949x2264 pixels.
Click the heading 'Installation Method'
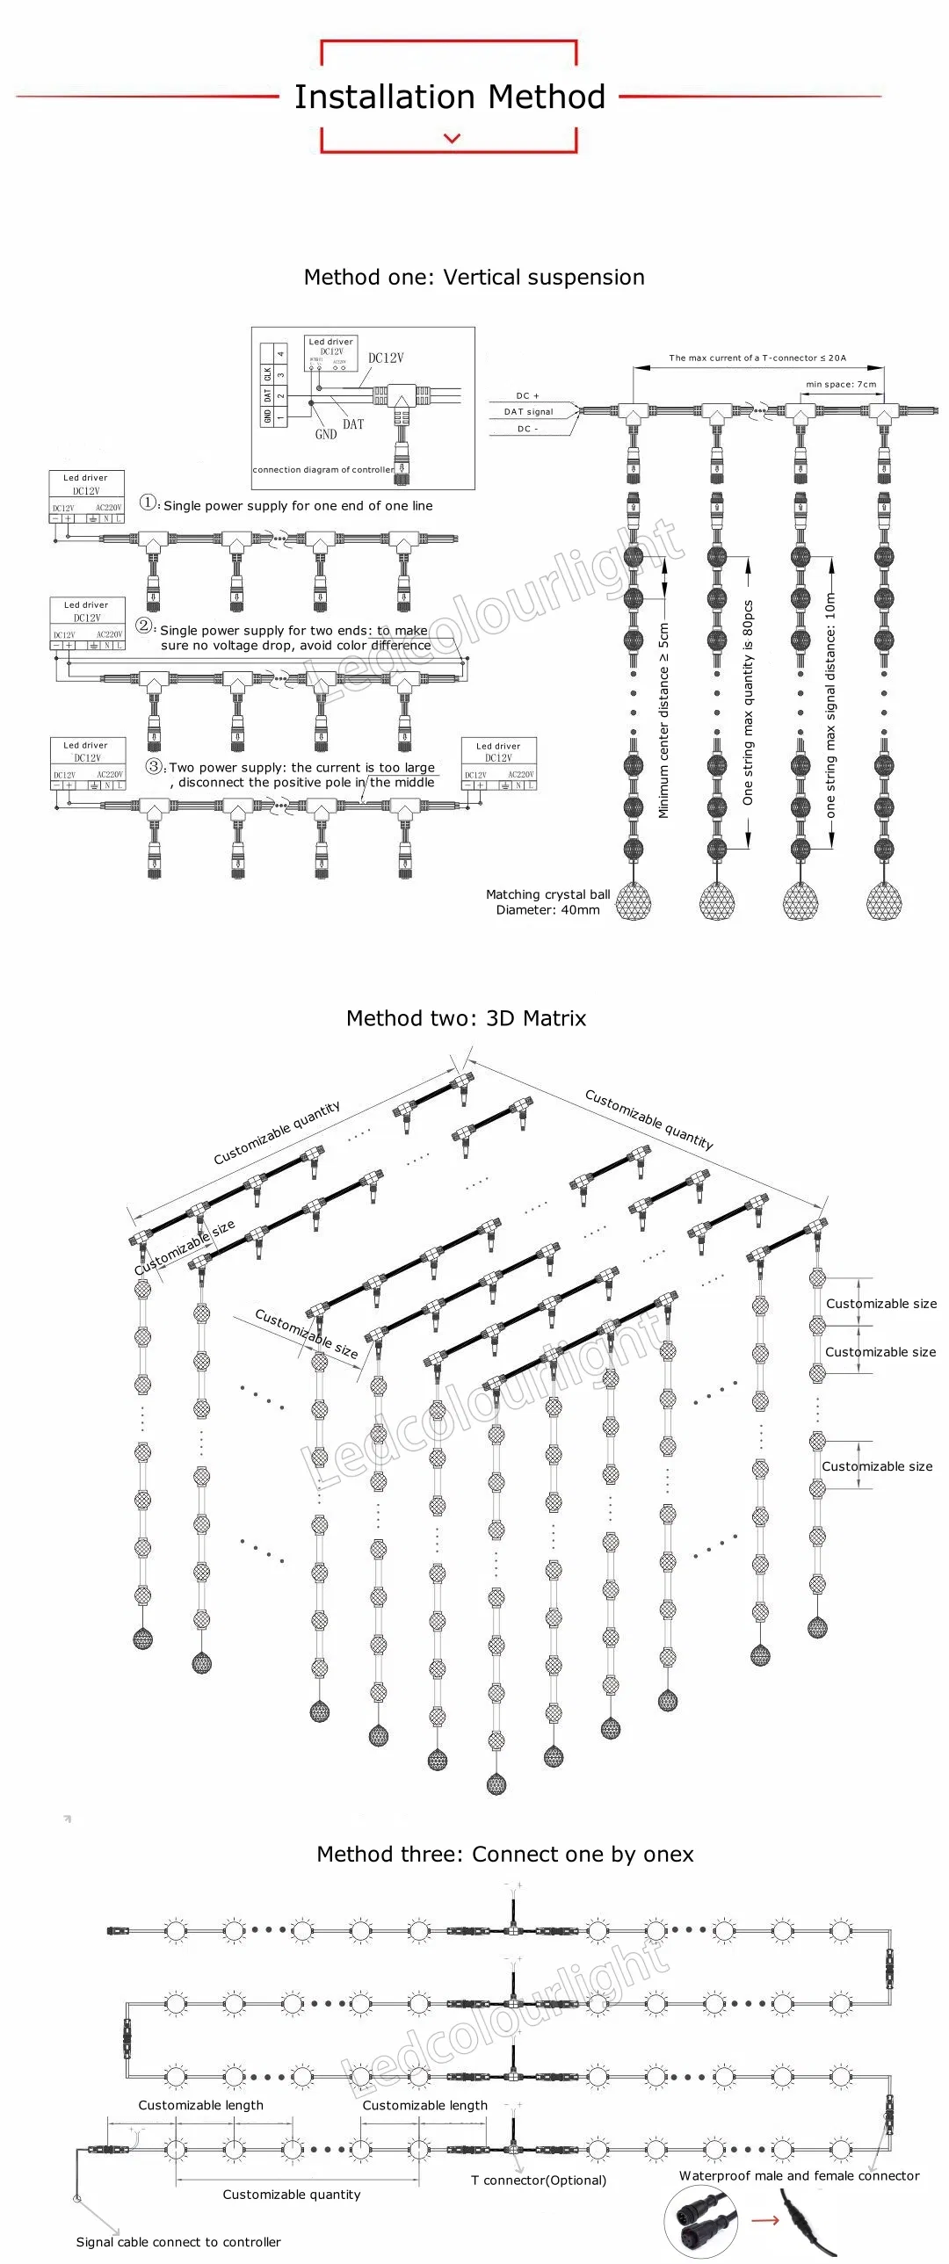click(x=450, y=97)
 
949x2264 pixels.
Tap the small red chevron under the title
click(x=453, y=138)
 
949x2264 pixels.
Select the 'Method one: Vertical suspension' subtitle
click(x=474, y=277)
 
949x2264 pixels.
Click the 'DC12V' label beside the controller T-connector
click(x=386, y=358)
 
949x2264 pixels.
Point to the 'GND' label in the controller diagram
click(x=326, y=434)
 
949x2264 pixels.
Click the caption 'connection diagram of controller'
click(x=323, y=469)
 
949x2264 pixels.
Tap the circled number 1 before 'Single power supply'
click(x=149, y=503)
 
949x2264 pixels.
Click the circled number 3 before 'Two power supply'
click(x=154, y=765)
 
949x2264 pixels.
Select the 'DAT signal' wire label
click(x=528, y=411)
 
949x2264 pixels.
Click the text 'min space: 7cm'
click(x=841, y=384)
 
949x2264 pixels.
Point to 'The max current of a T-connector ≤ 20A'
click(x=757, y=358)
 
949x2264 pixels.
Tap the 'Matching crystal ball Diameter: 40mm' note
click(x=547, y=901)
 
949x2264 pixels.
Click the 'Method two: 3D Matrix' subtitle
click(x=466, y=1017)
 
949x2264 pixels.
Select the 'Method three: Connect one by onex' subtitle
click(x=504, y=1854)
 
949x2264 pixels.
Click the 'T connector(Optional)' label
click(x=538, y=2180)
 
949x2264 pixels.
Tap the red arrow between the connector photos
click(x=765, y=2220)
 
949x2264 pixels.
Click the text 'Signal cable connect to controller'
click(x=178, y=2241)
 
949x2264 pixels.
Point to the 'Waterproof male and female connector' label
click(x=799, y=2175)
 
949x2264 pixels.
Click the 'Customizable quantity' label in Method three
click(x=291, y=2194)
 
